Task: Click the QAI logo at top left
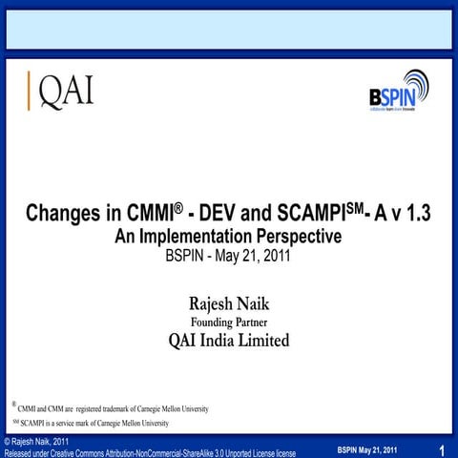click(63, 91)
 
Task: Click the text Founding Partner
click(228, 323)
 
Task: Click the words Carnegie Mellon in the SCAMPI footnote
click(121, 423)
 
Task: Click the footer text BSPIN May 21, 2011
click(367, 449)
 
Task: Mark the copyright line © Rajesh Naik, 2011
click(35, 441)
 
